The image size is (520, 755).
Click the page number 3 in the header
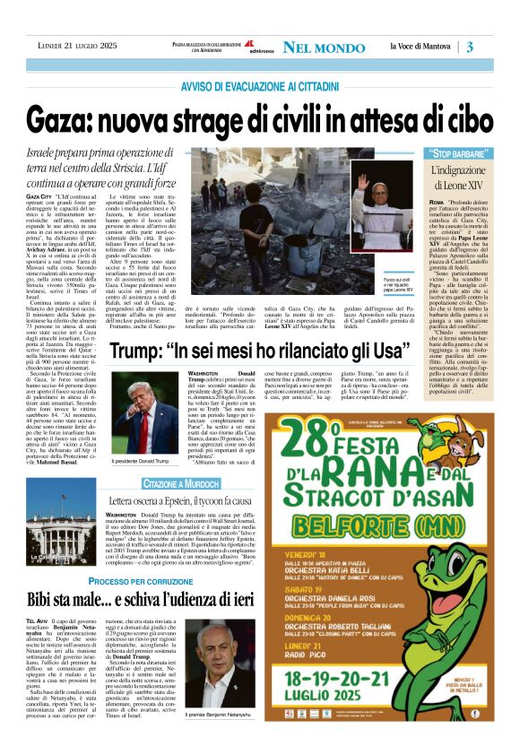pyautogui.click(x=495, y=47)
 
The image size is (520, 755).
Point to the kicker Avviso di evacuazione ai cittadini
pyautogui.click(x=259, y=87)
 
